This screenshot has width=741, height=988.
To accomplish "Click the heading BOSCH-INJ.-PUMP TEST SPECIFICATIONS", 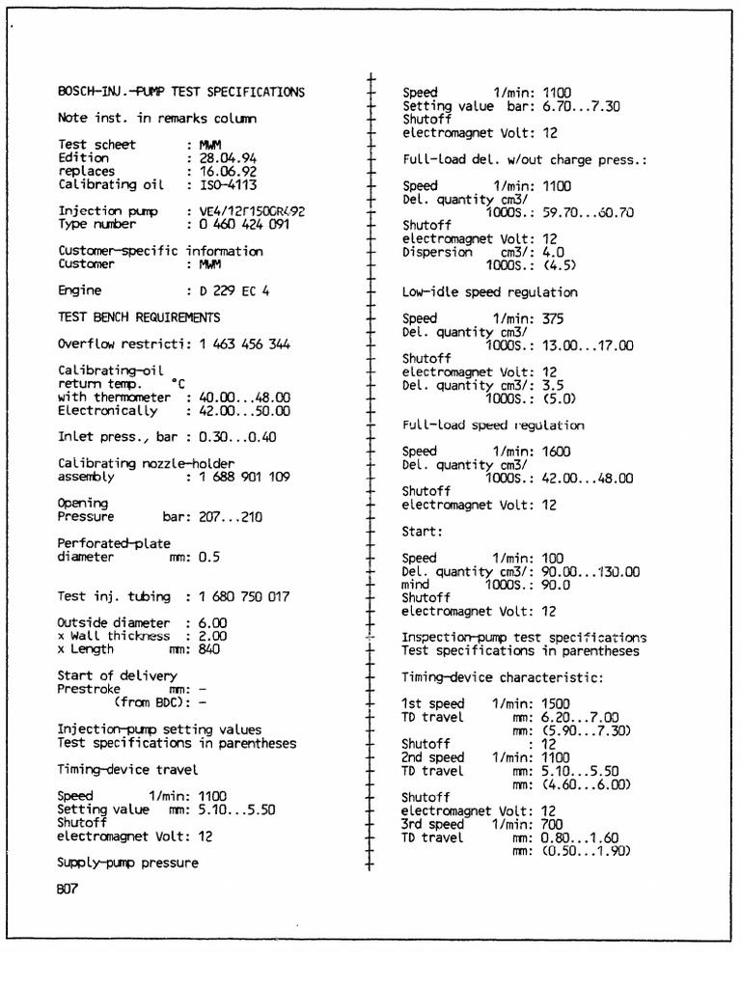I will pyautogui.click(x=181, y=93).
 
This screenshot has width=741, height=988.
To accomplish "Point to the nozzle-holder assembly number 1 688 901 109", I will pyautogui.click(x=251, y=477).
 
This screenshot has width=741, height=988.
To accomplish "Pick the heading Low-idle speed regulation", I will pyautogui.click(x=489, y=291).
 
